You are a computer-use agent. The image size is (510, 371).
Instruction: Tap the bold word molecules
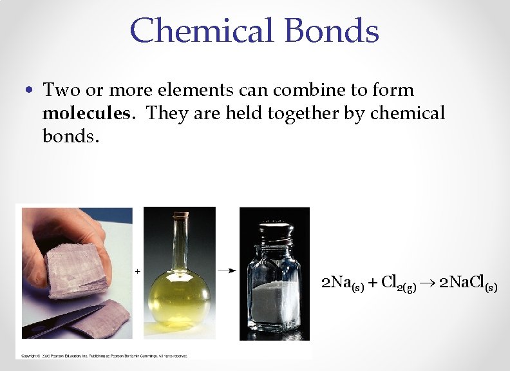pyautogui.click(x=86, y=113)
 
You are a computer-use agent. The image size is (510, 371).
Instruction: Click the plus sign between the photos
pyautogui.click(x=138, y=272)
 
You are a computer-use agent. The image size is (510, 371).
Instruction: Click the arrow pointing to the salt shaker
pyautogui.click(x=226, y=272)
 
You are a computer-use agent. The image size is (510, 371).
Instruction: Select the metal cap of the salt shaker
pyautogui.click(x=276, y=233)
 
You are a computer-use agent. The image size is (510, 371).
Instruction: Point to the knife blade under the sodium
pyautogui.click(x=64, y=322)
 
